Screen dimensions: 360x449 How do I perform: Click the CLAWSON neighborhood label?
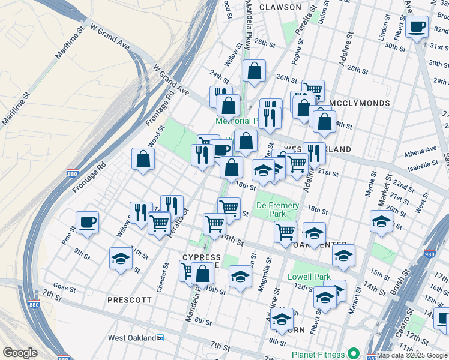[280, 7]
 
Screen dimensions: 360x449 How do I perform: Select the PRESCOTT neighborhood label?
[129, 299]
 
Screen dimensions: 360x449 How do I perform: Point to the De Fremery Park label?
[278, 209]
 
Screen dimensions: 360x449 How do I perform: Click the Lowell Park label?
[309, 277]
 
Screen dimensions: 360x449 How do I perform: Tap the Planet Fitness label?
[317, 354]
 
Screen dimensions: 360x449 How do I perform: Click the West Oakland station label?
[133, 338]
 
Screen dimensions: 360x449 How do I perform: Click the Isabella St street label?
[424, 164]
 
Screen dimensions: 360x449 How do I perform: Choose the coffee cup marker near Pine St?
[88, 223]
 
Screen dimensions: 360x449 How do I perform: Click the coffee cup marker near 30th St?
[417, 27]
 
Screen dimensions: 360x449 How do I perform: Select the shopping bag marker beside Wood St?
[143, 159]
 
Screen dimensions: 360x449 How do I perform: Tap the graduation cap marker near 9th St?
[121, 259]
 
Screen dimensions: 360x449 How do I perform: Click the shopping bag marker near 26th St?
[255, 70]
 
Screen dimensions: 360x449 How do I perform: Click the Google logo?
[19, 353]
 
